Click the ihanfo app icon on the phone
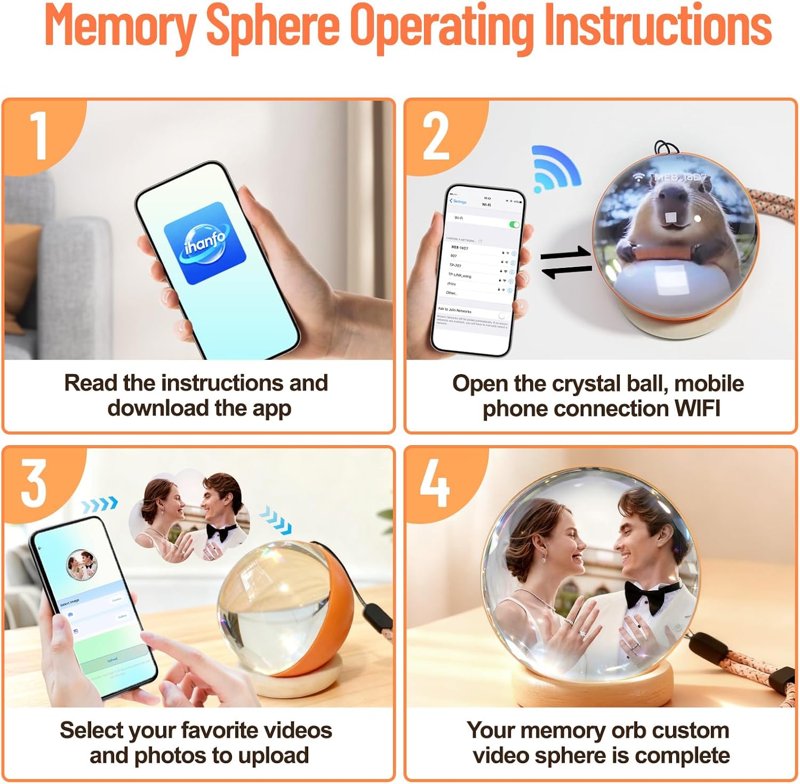tap(205, 243)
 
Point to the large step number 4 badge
tap(434, 484)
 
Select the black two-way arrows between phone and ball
tap(566, 262)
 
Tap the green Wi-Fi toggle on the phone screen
tap(514, 225)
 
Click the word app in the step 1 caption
tap(271, 409)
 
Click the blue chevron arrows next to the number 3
tap(100, 504)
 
